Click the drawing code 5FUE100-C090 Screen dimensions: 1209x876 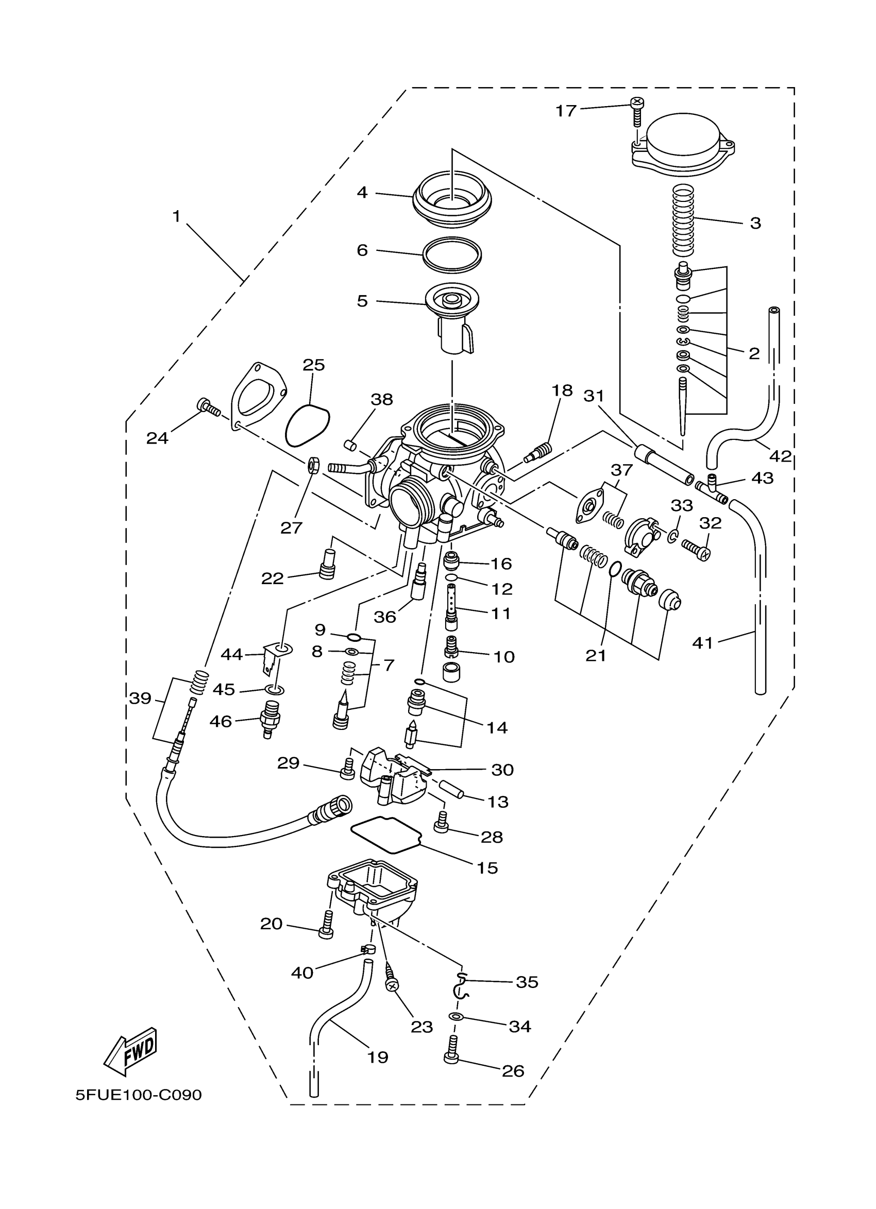(139, 1095)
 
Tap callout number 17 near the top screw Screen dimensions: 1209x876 (566, 110)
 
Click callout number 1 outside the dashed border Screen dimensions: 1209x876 (176, 216)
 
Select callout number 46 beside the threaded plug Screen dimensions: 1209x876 (221, 721)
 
